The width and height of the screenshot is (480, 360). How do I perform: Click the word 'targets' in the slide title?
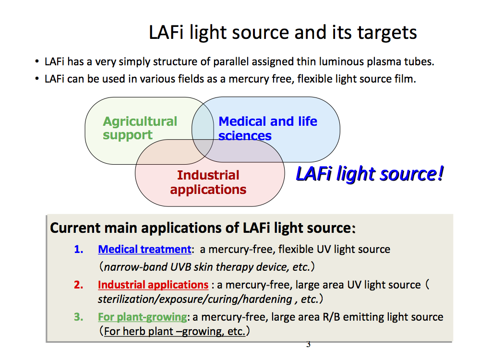(387, 33)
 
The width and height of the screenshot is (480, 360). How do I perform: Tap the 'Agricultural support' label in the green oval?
(140, 128)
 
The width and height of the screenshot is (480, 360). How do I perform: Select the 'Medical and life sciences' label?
(268, 128)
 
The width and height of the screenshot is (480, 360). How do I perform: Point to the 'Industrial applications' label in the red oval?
(208, 182)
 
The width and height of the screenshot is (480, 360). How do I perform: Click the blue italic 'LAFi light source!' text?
(370, 174)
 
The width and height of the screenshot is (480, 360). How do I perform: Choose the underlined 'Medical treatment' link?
(144, 249)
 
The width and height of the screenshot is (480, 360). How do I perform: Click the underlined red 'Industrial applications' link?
(153, 285)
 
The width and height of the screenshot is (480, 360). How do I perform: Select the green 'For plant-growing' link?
(143, 317)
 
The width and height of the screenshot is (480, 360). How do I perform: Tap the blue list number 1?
(79, 250)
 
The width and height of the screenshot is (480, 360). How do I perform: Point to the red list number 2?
(79, 285)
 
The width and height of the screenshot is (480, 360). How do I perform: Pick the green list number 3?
(79, 317)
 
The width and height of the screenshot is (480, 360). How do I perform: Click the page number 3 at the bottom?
(308, 344)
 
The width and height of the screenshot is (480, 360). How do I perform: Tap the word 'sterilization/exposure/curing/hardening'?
(195, 299)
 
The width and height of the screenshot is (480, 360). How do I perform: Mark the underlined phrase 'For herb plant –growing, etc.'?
(175, 332)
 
